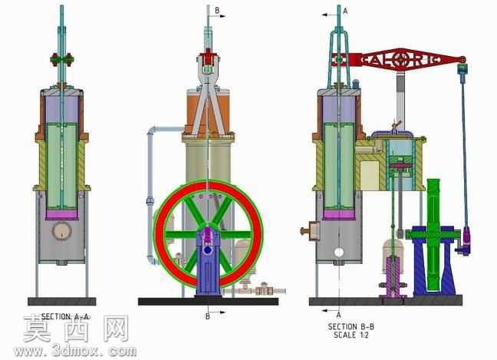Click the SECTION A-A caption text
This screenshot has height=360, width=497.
(66, 316)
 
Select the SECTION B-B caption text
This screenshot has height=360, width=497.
(351, 326)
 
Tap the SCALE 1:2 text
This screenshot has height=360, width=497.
(351, 335)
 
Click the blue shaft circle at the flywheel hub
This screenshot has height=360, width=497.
(208, 250)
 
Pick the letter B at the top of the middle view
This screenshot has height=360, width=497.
(217, 11)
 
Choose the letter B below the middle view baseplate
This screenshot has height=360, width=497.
(207, 316)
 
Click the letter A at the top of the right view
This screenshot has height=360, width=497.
(345, 11)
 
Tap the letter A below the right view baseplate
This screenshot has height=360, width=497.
(338, 315)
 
